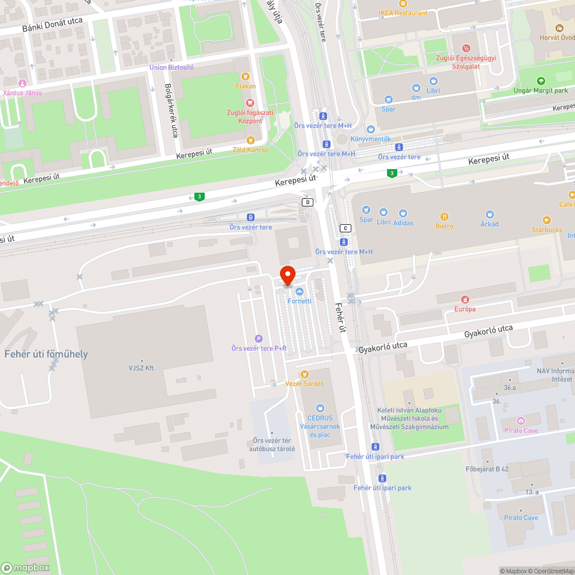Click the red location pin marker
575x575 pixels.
287,275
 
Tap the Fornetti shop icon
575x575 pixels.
299,292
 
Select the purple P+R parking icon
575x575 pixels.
259,339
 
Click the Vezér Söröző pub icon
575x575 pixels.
305,374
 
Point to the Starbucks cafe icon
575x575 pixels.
547,220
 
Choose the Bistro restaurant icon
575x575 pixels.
444,216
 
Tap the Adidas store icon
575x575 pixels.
403,213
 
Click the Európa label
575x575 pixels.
465,309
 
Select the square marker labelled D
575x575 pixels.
308,202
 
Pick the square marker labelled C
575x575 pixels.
345,228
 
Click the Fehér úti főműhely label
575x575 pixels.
46,354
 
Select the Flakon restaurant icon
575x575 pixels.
246,76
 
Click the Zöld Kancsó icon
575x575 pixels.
250,140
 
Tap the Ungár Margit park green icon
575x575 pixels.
540,81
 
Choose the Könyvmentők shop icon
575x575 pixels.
370,129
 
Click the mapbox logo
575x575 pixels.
26,568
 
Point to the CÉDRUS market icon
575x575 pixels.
320,408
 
